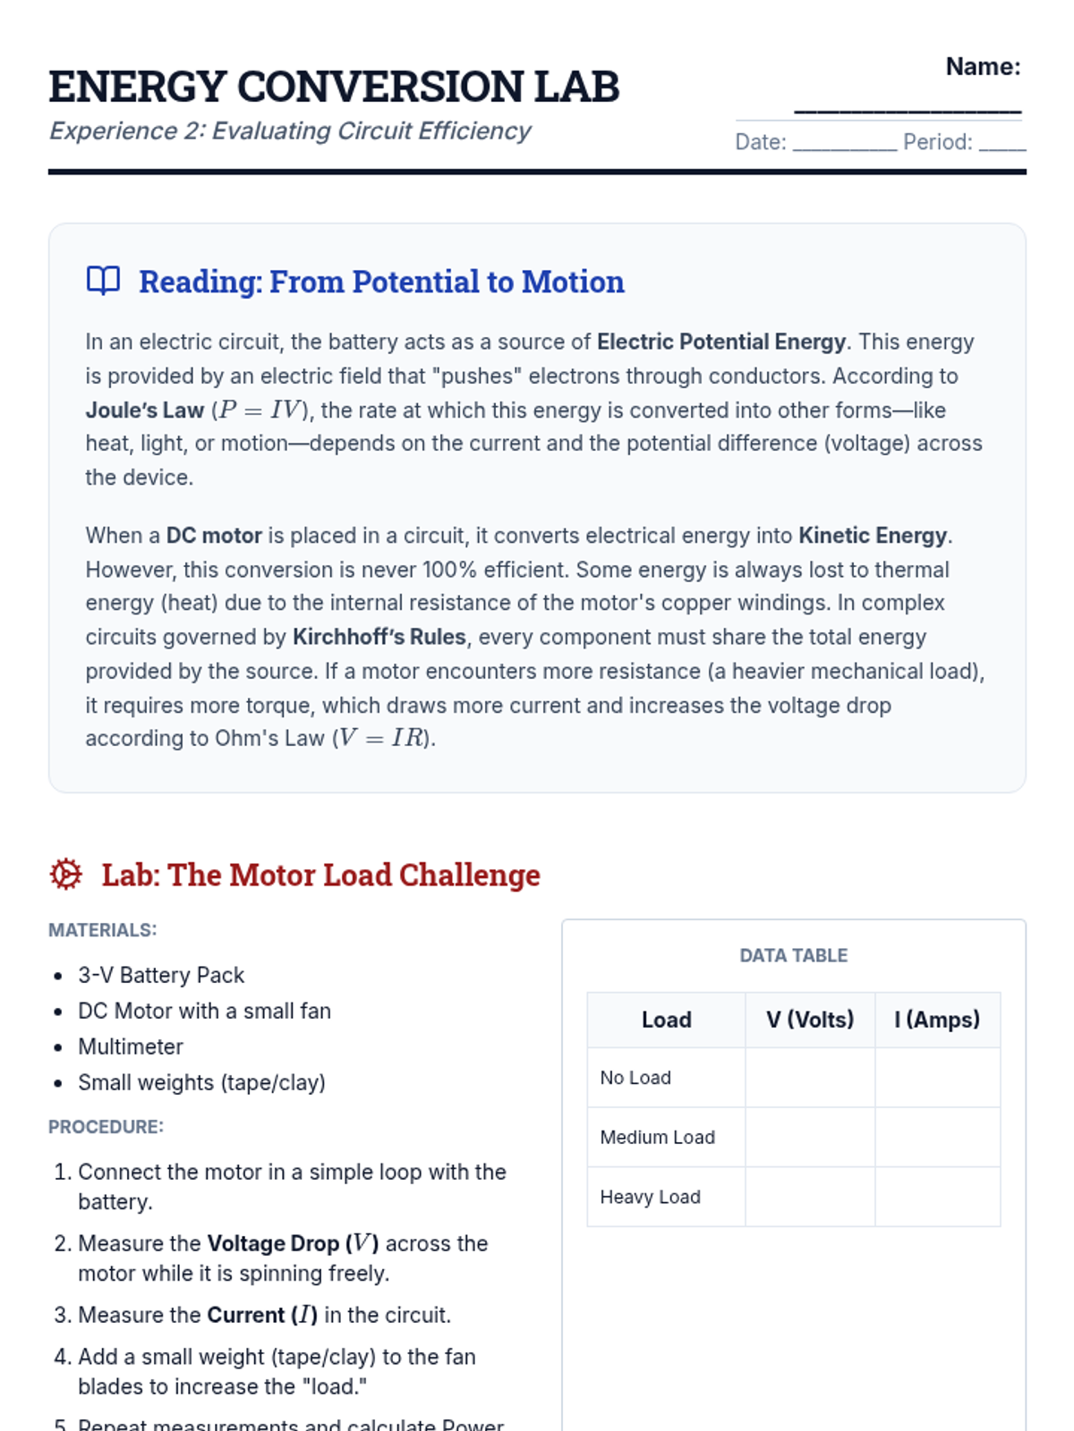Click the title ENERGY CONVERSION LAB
pos(334,87)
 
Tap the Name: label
pos(983,67)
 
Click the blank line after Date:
pos(844,143)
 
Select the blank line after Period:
pos(1002,143)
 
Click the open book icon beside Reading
pos(103,281)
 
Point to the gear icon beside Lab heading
pos(66,874)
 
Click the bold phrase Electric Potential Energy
pos(720,342)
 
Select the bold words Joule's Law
pos(145,411)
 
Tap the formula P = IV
pos(260,411)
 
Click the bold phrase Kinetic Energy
pos(873,536)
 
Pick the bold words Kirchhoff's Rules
pos(379,637)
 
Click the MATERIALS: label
pos(102,930)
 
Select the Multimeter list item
pos(131,1046)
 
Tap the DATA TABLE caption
pos(793,955)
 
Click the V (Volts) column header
pos(810,1020)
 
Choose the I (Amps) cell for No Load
pos(937,1078)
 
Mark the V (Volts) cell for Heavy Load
pos(810,1197)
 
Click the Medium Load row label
pos(658,1138)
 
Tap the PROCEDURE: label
pos(106,1127)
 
